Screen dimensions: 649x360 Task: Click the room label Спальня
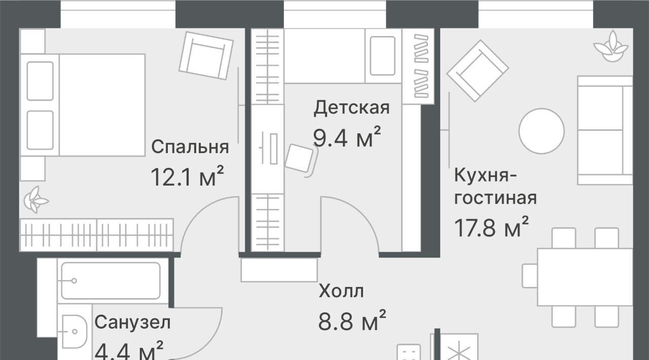[190, 147]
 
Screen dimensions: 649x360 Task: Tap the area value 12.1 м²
[188, 176]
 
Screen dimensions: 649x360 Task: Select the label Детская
[351, 108]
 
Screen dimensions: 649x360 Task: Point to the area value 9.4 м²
[347, 137]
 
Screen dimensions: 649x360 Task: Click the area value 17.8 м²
[491, 227]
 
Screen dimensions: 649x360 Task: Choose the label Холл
[341, 291]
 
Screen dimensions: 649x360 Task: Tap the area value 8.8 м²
[352, 320]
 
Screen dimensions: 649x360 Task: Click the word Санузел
[132, 322]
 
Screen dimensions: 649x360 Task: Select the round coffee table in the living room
[542, 131]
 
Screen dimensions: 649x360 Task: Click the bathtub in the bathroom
[111, 280]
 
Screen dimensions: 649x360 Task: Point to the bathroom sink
[75, 331]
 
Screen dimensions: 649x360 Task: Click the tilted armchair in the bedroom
[206, 56]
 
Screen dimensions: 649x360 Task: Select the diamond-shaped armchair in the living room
[478, 70]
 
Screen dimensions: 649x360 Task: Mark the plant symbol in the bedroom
[36, 200]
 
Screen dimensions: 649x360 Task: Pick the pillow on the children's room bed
[383, 56]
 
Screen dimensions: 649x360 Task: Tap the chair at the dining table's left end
[530, 276]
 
